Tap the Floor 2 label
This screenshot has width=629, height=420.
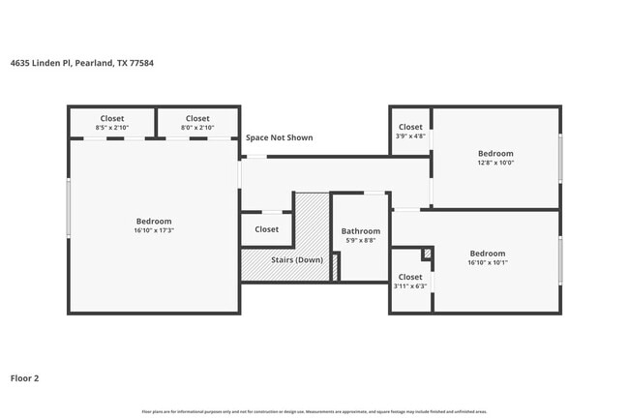25,378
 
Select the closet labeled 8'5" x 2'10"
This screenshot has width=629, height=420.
112,123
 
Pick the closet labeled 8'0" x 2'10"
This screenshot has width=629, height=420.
197,123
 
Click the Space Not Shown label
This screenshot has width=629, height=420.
279,137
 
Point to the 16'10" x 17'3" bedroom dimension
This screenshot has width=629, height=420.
153,231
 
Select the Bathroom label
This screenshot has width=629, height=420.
360,231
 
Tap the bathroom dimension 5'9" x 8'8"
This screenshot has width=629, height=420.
360,241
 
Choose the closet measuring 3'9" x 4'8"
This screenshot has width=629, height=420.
410,135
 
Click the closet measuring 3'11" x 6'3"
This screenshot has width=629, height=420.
410,286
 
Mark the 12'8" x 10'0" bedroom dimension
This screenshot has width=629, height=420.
495,163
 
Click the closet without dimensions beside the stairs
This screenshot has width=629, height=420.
266,229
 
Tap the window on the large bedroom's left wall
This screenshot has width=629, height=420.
68,208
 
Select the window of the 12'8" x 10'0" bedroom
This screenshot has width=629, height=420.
560,158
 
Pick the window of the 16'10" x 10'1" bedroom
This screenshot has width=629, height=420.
560,260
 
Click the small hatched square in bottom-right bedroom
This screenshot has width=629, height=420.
427,254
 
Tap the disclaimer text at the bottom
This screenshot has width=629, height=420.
314,411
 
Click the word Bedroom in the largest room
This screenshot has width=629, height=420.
153,222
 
